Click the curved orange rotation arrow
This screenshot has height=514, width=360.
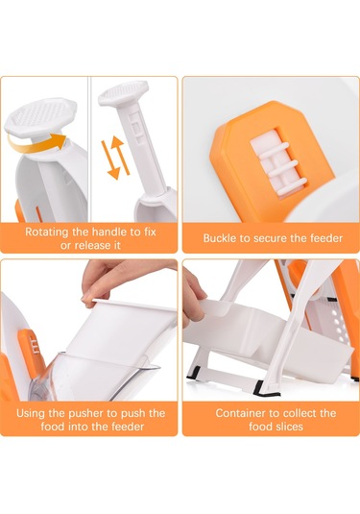[36, 149]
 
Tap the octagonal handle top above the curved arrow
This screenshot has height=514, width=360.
[40, 117]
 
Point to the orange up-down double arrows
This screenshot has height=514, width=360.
[114, 158]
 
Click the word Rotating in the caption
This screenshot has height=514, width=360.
[47, 232]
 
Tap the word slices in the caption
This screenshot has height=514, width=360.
[289, 427]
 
